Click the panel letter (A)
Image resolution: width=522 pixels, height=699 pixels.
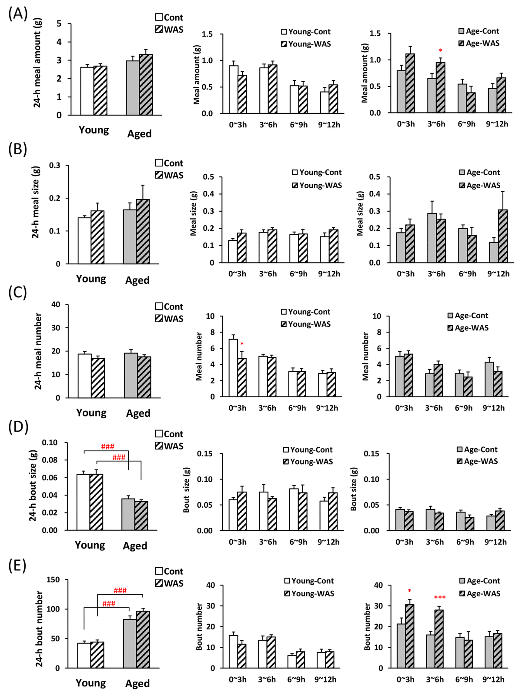coord(18,14)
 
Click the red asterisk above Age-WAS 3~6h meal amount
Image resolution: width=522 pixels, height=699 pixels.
coord(441,51)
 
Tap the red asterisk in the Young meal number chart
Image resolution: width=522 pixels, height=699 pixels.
coord(242,345)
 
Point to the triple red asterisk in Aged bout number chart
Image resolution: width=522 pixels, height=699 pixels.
coord(440,598)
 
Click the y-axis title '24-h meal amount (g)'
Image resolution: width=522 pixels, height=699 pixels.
coord(37,63)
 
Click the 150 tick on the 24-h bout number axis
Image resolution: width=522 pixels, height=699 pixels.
coord(54,579)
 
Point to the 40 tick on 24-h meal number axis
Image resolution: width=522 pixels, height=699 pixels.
coord(56,304)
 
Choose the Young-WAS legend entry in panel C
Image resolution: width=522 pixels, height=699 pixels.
coord(306,324)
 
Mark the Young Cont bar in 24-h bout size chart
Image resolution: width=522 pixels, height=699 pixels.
coord(83,502)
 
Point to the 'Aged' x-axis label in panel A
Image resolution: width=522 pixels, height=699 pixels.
coord(139,134)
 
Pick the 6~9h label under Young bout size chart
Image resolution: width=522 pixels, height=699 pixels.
coord(298,542)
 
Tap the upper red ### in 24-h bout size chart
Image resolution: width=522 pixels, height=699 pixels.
coord(107,446)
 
